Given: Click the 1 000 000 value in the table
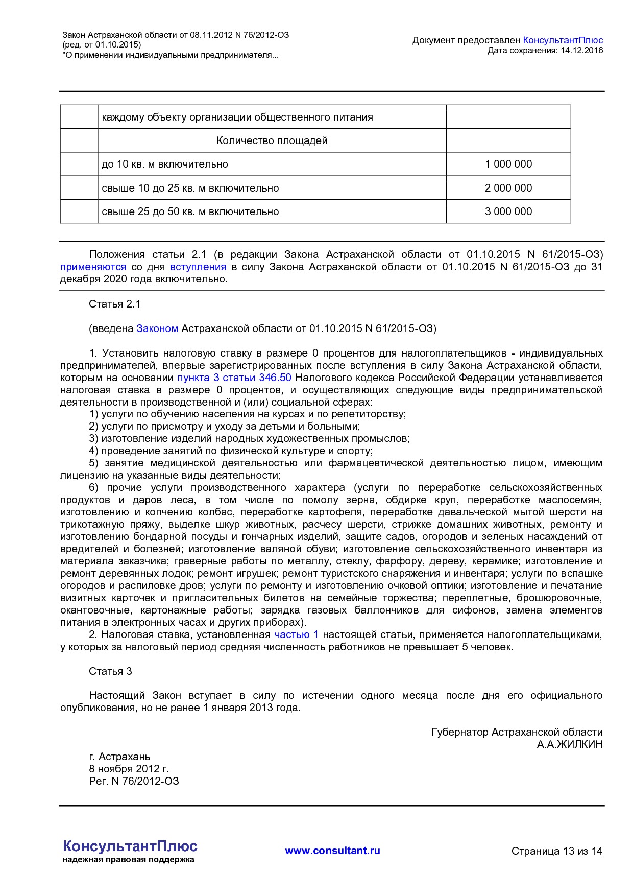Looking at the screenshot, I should [508, 164].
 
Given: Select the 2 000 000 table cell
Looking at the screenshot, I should [508, 188].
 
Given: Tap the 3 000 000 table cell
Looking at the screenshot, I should [508, 211].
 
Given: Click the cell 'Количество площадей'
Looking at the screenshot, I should [272, 140].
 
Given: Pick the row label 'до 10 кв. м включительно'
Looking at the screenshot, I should [165, 164].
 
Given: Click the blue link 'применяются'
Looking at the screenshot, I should [93, 267].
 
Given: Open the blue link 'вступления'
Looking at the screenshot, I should [198, 267].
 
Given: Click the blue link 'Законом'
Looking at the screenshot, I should [157, 328].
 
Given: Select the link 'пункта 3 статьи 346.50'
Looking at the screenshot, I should [234, 378].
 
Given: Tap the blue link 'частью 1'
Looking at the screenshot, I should [296, 634].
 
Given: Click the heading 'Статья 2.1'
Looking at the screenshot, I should [115, 304].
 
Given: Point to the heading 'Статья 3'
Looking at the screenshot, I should [110, 671].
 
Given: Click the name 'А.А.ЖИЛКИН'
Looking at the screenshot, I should [570, 744].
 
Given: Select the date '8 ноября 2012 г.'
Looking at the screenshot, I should [129, 769].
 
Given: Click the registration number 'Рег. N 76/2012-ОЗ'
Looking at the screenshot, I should [134, 781].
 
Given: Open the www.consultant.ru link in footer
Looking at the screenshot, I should [332, 851].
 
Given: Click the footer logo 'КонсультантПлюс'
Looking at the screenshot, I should [130, 846].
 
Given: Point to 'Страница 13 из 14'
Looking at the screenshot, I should [557, 851].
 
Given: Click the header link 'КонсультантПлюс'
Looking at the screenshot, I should [563, 40].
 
